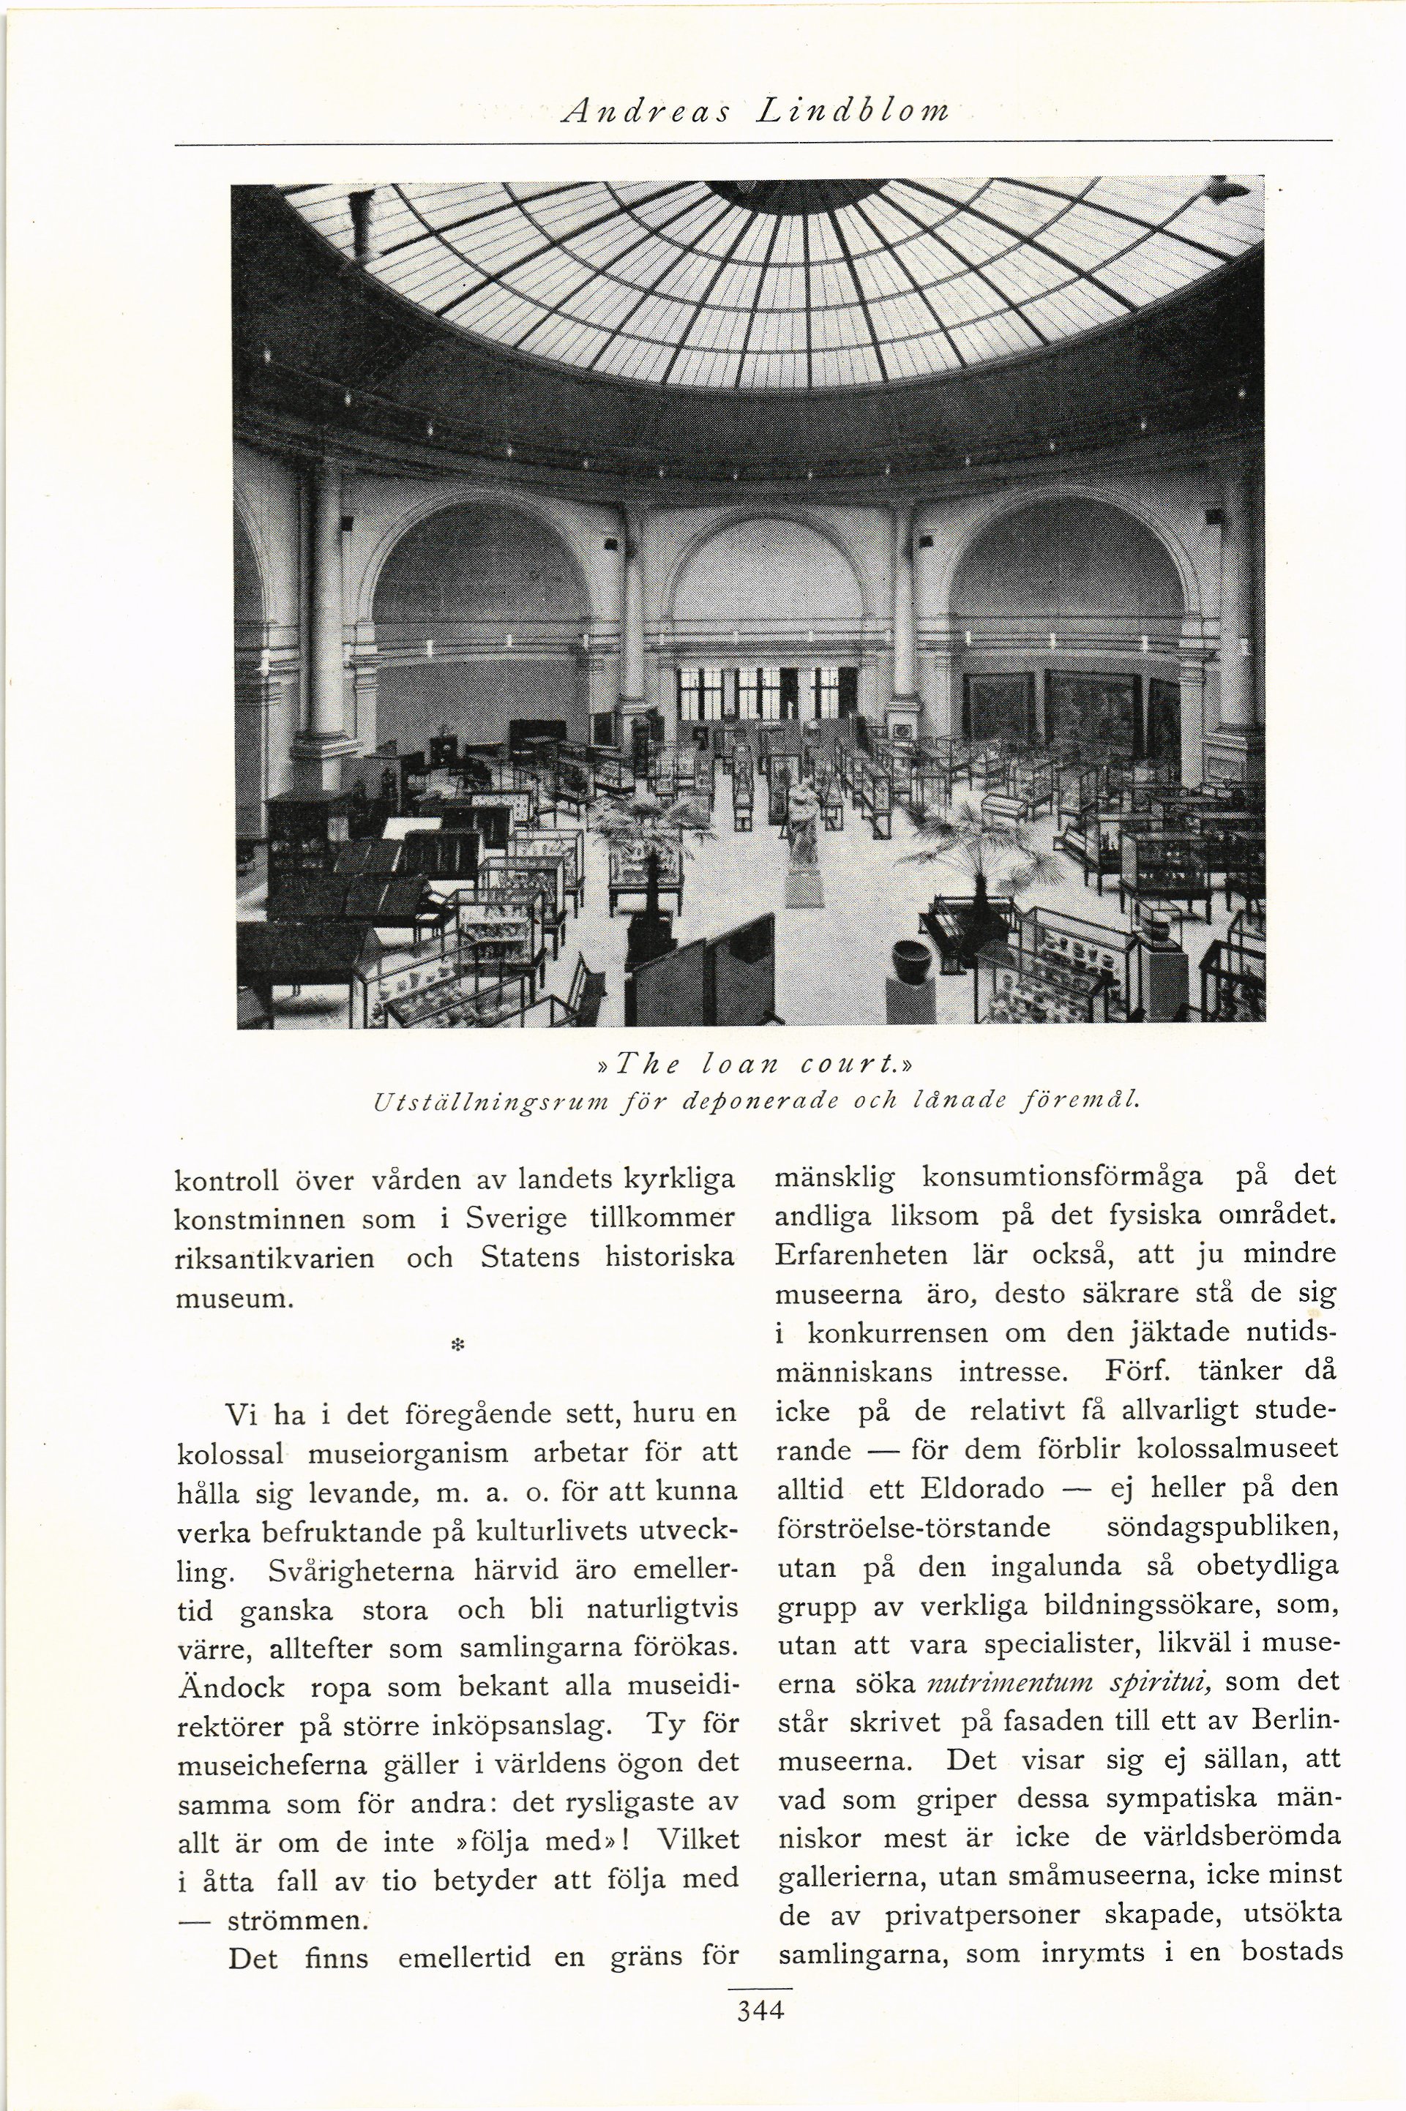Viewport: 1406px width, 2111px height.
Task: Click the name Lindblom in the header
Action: point(853,110)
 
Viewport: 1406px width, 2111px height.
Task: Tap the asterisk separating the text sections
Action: point(457,1346)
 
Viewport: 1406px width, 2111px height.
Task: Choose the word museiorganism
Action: point(408,1452)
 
